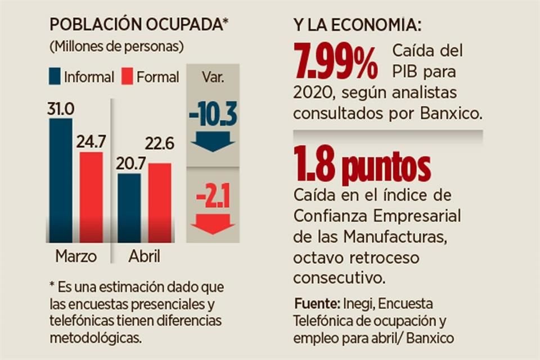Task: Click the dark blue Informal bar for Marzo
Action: pos(61,180)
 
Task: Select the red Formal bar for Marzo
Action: pos(91,197)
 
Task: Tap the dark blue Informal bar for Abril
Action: pos(129,208)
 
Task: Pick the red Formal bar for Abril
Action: pos(160,202)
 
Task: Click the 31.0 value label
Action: pos(61,109)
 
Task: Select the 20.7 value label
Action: pos(130,164)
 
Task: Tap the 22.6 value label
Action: pos(160,143)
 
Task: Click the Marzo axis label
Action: pos(76,256)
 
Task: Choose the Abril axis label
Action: pos(144,256)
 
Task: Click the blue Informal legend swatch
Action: pos(55,76)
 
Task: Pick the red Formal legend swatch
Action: pos(127,76)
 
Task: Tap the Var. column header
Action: pos(213,77)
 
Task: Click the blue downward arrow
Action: pos(213,141)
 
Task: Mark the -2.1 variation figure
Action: pos(213,199)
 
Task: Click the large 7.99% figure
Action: pos(336,62)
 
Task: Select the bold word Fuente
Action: pos(315,304)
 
